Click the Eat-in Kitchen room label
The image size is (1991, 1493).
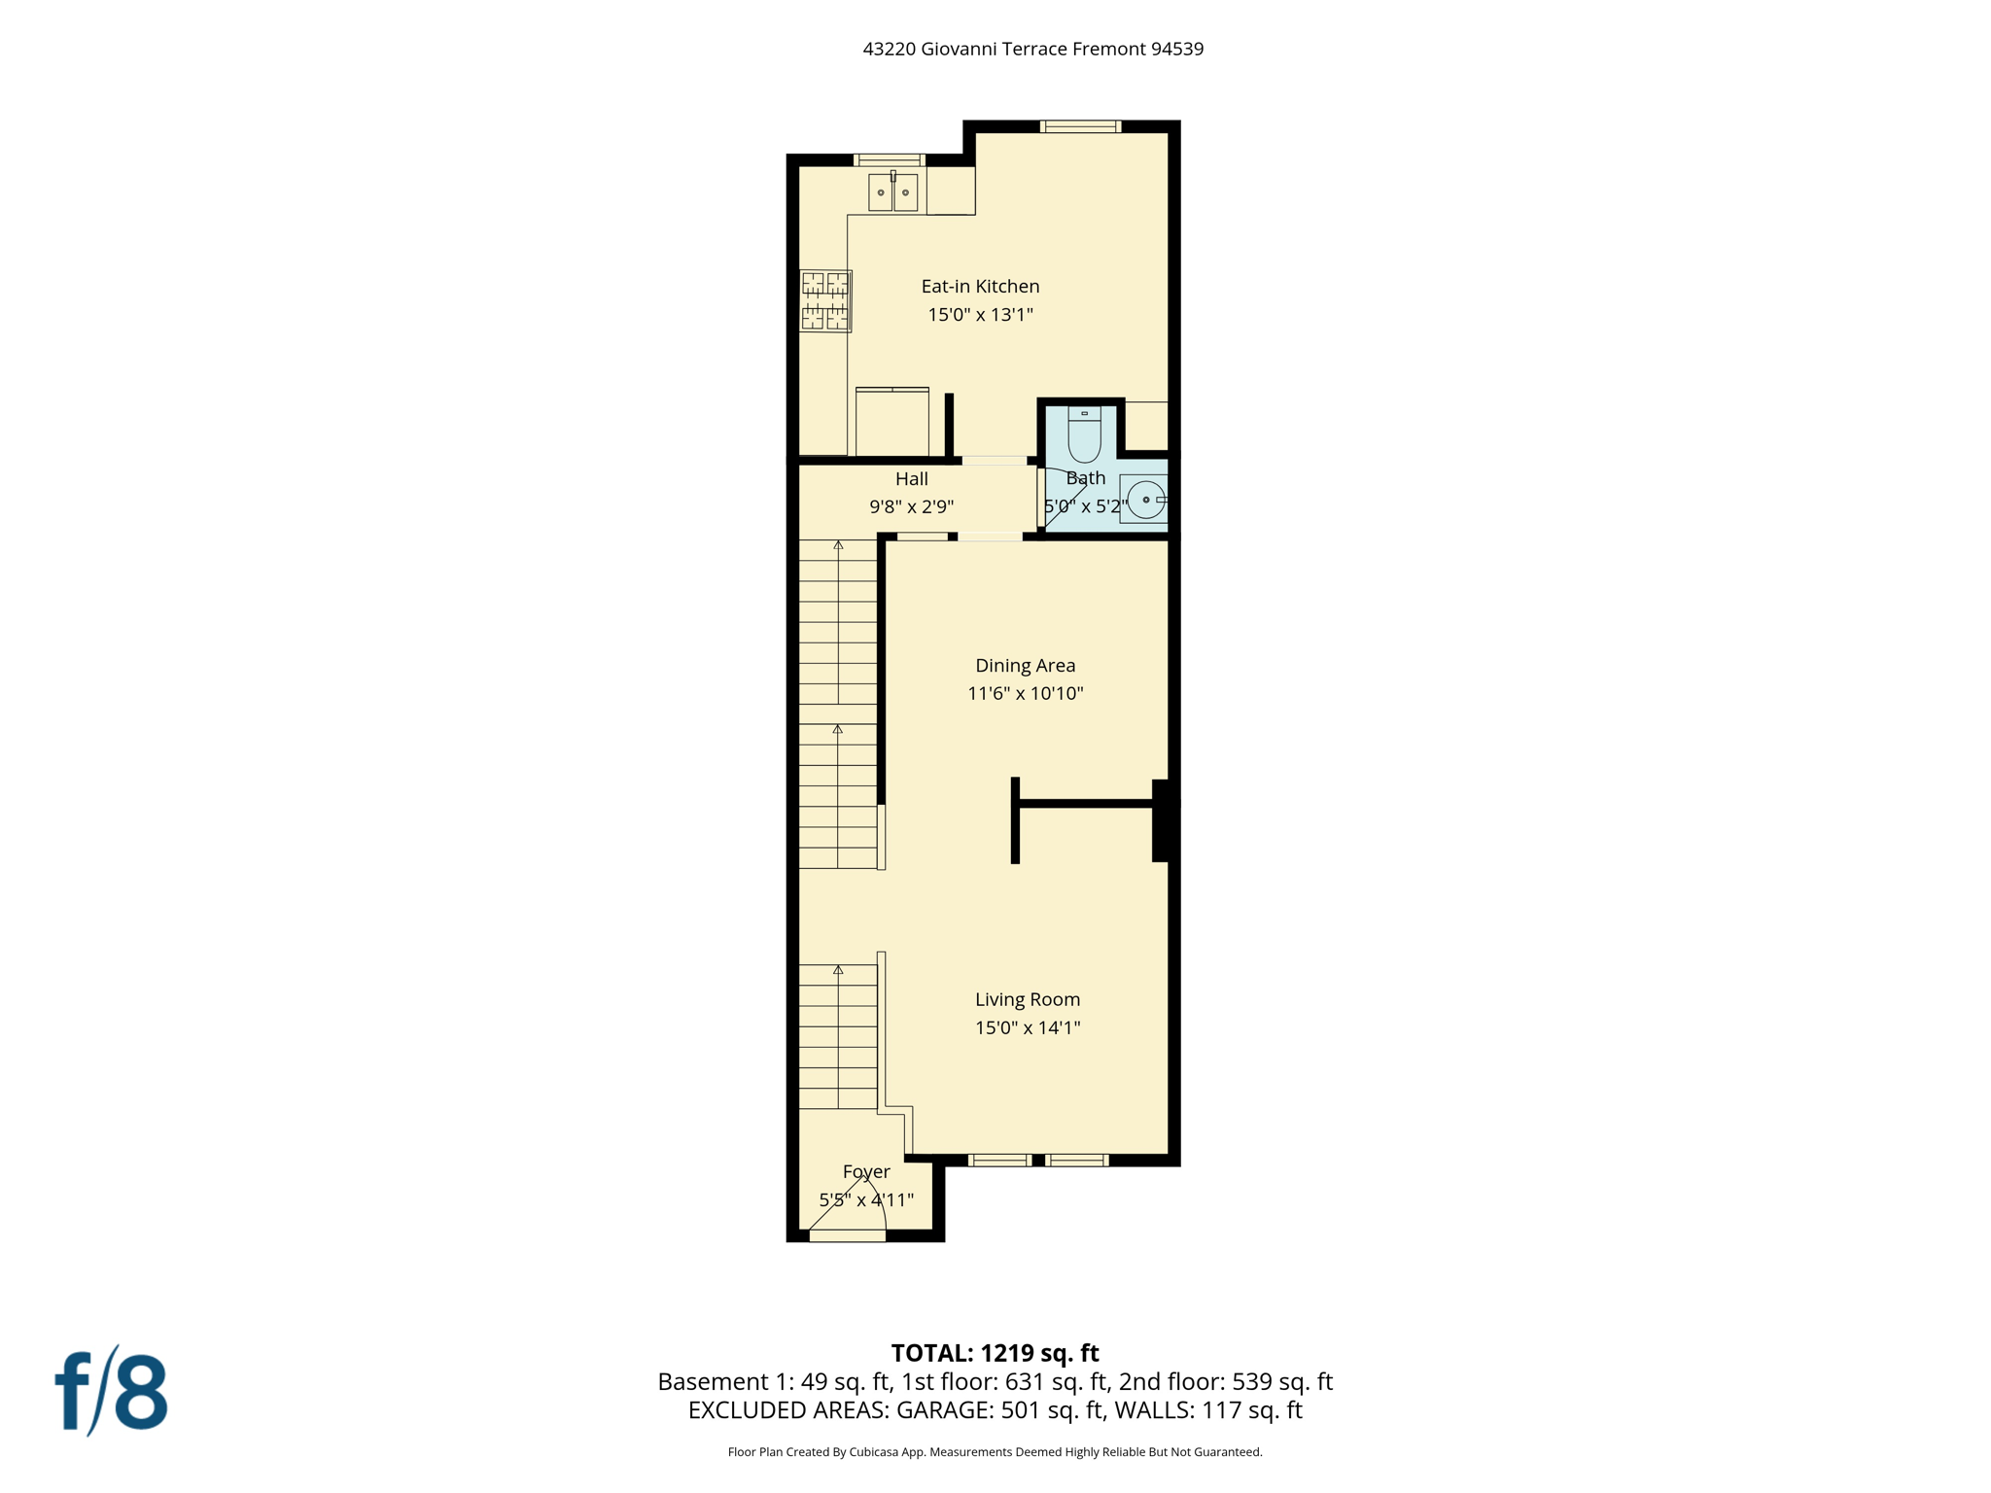[980, 286]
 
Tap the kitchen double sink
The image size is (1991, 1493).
[892, 192]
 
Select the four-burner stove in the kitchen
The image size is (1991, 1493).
[825, 301]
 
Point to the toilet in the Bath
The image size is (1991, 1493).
[1084, 435]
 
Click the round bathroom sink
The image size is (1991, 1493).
[1146, 500]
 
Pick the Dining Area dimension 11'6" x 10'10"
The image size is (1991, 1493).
[1025, 693]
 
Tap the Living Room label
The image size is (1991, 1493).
[1028, 999]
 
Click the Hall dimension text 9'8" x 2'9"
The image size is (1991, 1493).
[911, 506]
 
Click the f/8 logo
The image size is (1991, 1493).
[111, 1392]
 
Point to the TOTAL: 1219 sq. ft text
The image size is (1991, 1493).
[995, 1353]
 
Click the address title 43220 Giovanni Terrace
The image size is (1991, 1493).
[1032, 49]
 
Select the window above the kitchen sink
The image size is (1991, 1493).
[889, 160]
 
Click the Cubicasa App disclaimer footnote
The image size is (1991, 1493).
[995, 1452]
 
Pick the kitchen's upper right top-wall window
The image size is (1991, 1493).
[1080, 126]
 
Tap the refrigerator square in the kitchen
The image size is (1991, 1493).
[891, 422]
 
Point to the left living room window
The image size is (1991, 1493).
[999, 1160]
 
